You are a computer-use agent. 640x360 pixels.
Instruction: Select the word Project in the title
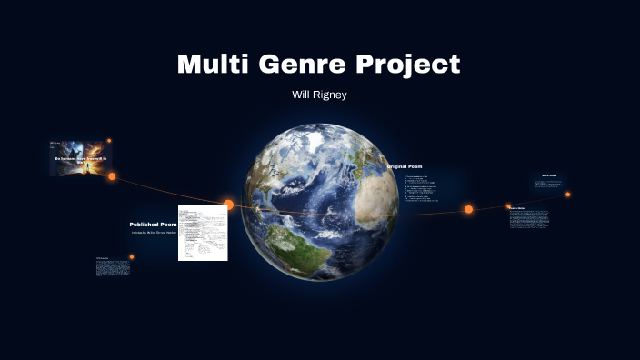411,65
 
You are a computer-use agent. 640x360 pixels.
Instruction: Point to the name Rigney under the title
333,95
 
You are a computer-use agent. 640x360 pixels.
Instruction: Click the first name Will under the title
301,95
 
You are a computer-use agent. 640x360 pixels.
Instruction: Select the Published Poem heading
153,224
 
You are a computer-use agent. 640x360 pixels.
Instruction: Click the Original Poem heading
405,166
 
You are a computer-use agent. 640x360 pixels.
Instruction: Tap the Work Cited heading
549,175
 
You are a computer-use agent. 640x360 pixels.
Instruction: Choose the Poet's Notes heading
517,208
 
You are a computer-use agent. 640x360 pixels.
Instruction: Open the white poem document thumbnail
202,233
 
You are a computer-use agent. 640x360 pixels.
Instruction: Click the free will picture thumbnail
79,156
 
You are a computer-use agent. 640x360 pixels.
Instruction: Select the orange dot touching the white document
228,205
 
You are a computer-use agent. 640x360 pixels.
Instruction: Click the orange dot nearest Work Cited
568,194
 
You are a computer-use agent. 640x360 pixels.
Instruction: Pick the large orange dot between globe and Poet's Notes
468,209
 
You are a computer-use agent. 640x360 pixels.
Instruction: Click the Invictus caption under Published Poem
153,233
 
